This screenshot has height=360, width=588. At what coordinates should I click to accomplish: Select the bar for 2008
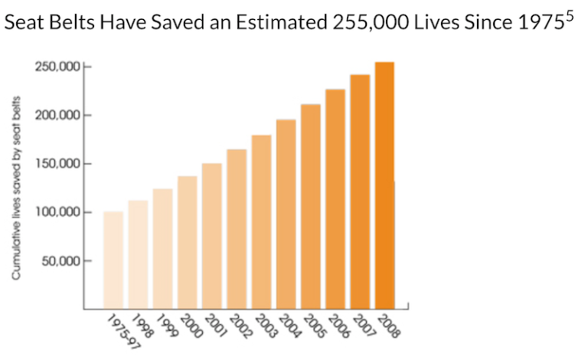point(384,184)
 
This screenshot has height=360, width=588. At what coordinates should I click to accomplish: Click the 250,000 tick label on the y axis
point(57,67)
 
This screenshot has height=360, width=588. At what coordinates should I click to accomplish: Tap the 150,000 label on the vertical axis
point(57,164)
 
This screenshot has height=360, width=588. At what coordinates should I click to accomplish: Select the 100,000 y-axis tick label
point(57,212)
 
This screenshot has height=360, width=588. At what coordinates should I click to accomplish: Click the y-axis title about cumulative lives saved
point(16,188)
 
